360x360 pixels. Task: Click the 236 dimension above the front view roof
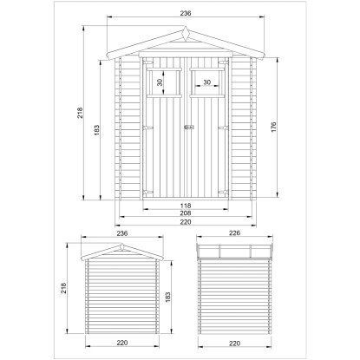coord(186,13)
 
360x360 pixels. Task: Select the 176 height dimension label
coord(273,128)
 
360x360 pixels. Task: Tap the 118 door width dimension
coord(186,206)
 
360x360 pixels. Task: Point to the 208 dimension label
coord(186,213)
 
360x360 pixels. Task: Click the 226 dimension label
coord(234,232)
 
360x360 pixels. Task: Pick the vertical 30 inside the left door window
coord(160,82)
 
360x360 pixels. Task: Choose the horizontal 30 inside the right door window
coord(207,82)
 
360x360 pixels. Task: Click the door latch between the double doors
coord(189,127)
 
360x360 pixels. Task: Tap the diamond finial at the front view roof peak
coord(186,34)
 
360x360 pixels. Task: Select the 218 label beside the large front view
coord(80,113)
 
